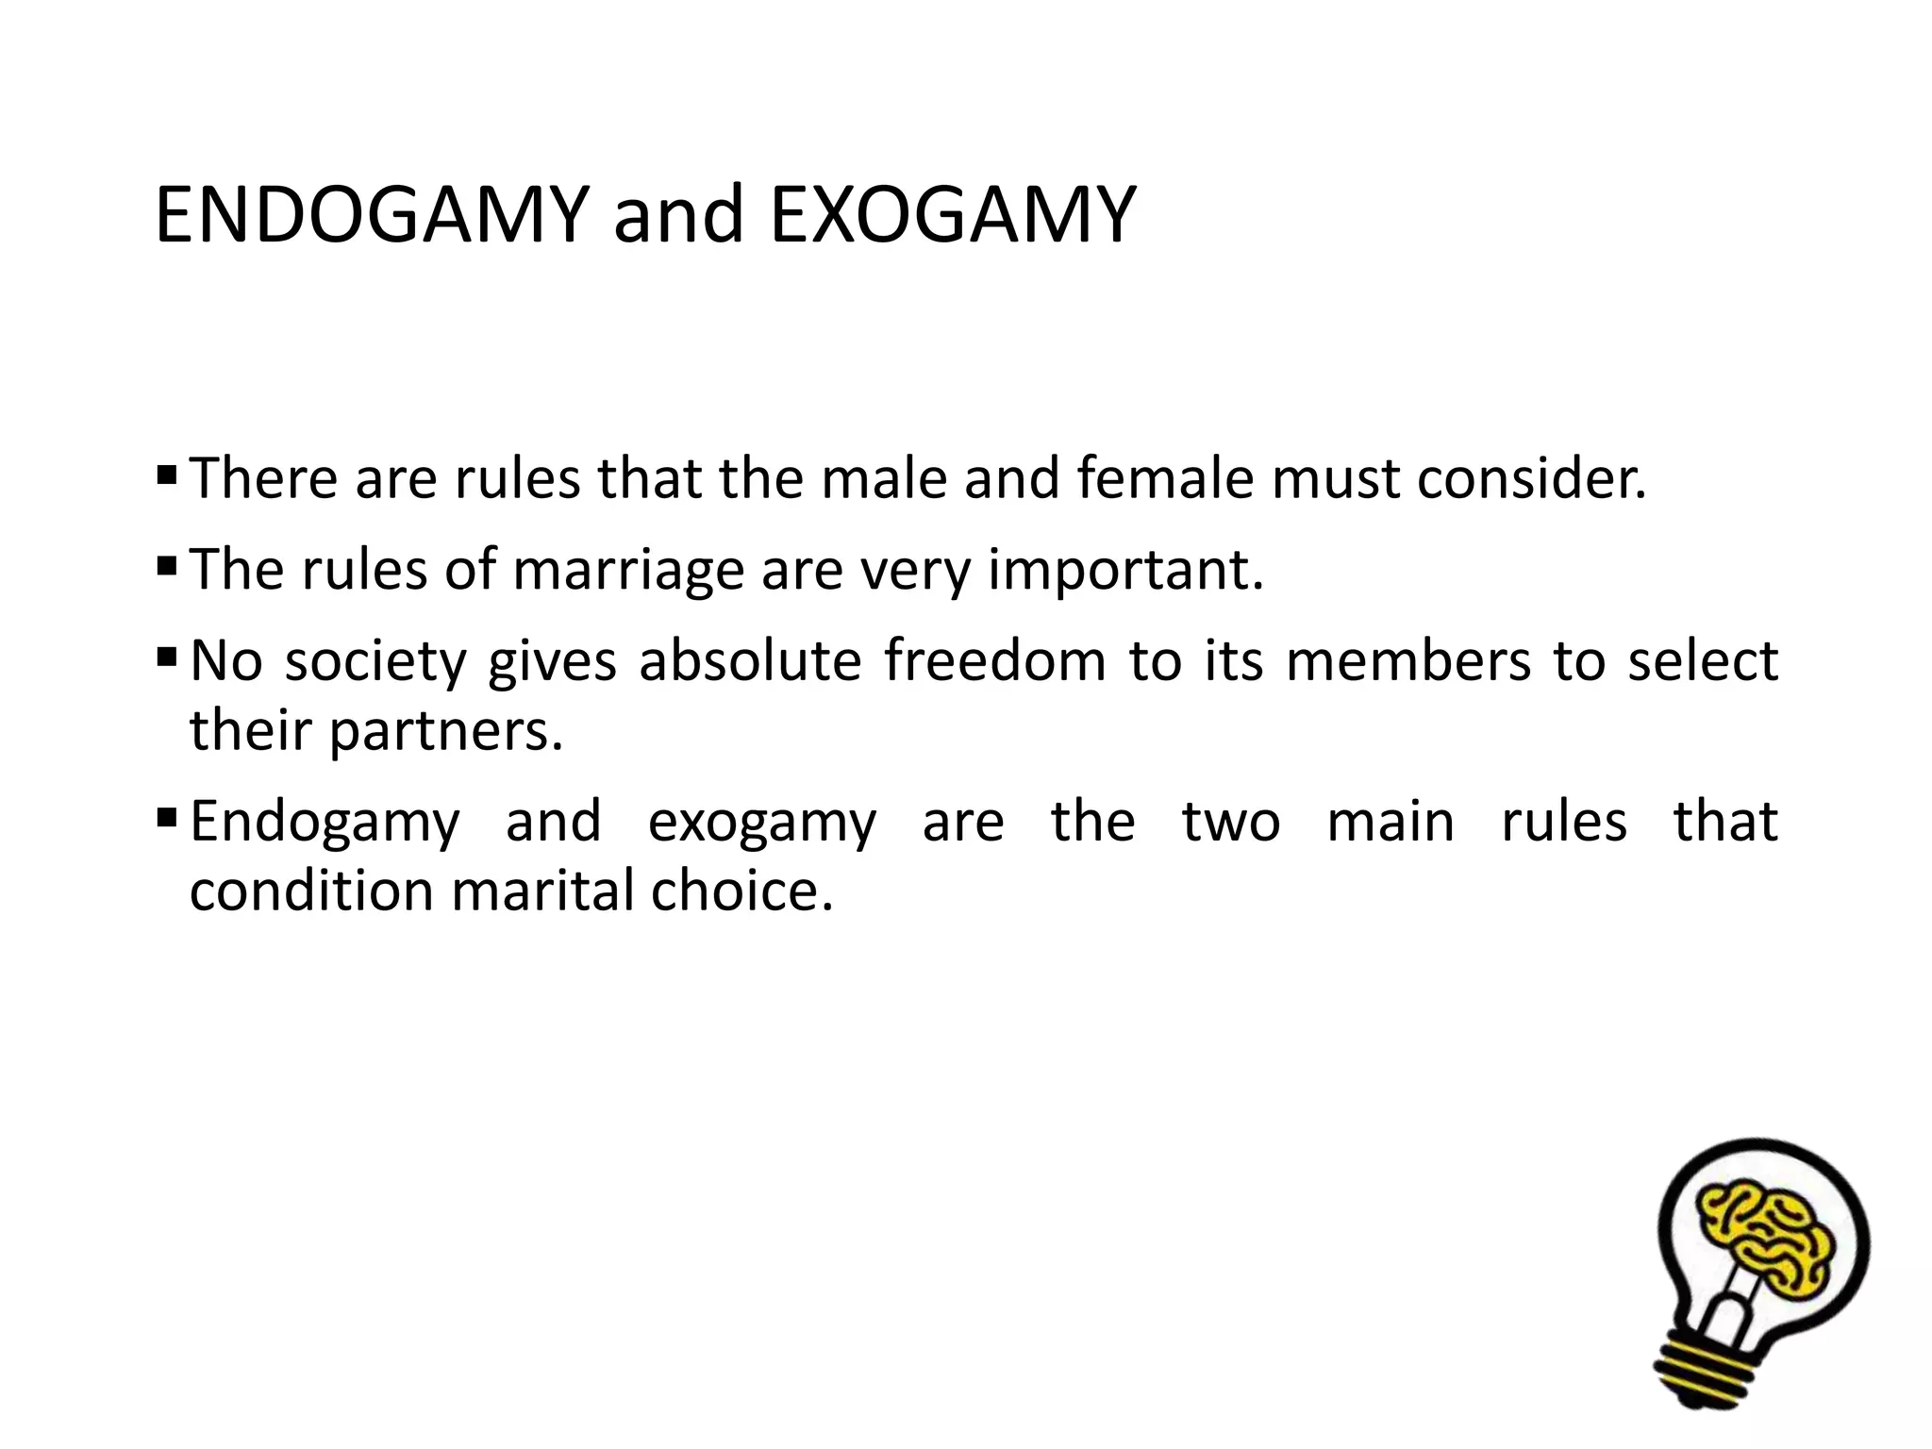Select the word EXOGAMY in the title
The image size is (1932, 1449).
click(x=952, y=216)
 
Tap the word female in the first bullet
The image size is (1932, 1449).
click(x=1165, y=478)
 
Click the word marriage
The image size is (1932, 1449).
click(x=628, y=571)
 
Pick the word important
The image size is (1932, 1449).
click(x=1124, y=571)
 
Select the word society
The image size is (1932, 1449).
click(x=375, y=661)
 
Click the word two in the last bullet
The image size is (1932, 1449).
click(x=1231, y=821)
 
